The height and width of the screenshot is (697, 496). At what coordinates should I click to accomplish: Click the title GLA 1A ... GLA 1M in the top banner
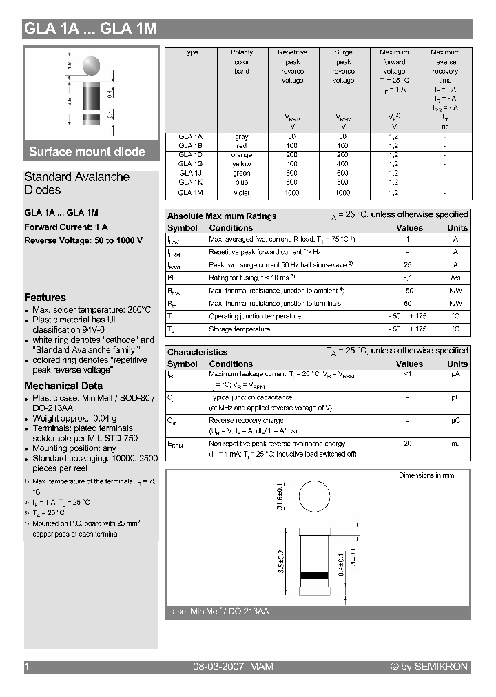pos(91,29)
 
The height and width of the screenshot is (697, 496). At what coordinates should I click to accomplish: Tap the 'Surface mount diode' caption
pos(87,152)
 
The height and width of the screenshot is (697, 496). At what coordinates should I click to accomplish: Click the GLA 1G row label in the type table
pos(190,164)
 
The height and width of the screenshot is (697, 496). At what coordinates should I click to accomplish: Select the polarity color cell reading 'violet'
pos(242,193)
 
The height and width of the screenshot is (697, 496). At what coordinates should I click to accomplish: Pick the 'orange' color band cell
pos(242,155)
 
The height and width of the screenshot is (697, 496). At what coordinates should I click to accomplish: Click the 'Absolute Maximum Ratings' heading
pos(222,216)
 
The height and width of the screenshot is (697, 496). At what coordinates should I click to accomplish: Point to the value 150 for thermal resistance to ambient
pos(407,291)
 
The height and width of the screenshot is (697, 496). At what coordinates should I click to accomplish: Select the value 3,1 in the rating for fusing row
pos(407,278)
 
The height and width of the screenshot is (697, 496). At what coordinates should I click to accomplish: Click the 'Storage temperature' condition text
pos(239,329)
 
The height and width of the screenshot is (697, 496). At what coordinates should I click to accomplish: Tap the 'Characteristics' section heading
pos(197,352)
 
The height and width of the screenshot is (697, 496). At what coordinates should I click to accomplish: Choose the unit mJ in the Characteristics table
pos(455,444)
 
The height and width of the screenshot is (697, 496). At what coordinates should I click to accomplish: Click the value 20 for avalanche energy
pos(408,444)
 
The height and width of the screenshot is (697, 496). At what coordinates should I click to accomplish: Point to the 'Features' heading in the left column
pos(45,298)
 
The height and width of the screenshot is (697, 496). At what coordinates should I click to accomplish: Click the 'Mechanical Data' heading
pos(63,386)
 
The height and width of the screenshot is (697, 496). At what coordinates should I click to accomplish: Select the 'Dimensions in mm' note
pos(426,475)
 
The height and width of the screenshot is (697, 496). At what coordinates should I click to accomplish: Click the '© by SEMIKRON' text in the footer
pos(429,667)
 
